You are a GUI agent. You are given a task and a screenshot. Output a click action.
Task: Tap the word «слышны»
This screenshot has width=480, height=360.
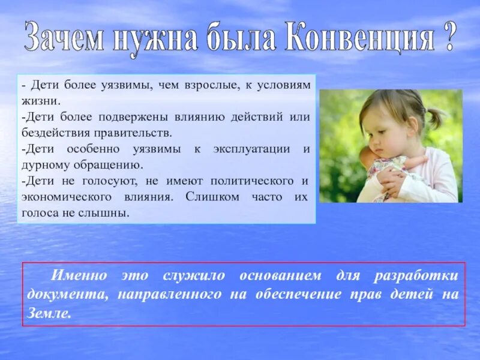pyautogui.click(x=108, y=212)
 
